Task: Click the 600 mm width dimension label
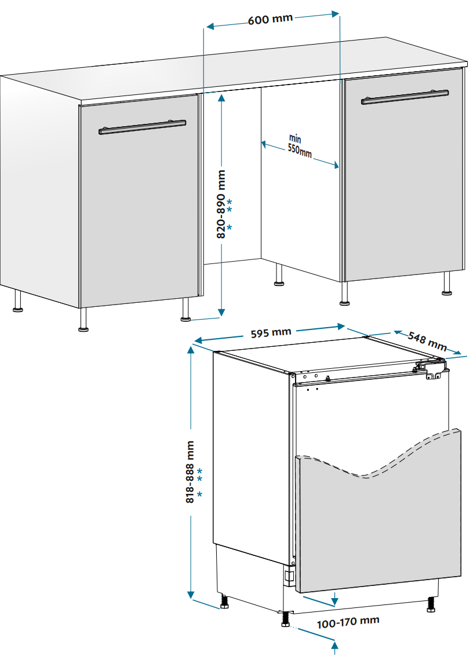click(x=270, y=19)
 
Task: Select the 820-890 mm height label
click(x=221, y=204)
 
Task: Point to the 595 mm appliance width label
click(x=271, y=333)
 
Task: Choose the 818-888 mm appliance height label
click(x=190, y=471)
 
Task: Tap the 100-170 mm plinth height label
click(x=348, y=622)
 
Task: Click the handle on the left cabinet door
click(x=143, y=127)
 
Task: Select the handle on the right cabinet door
click(x=405, y=97)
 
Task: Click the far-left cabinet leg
click(x=17, y=302)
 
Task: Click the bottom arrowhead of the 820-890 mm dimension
click(x=221, y=312)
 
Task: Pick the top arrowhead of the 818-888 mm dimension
click(x=191, y=350)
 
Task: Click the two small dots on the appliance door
click(x=312, y=389)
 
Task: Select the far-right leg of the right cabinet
click(x=447, y=284)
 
